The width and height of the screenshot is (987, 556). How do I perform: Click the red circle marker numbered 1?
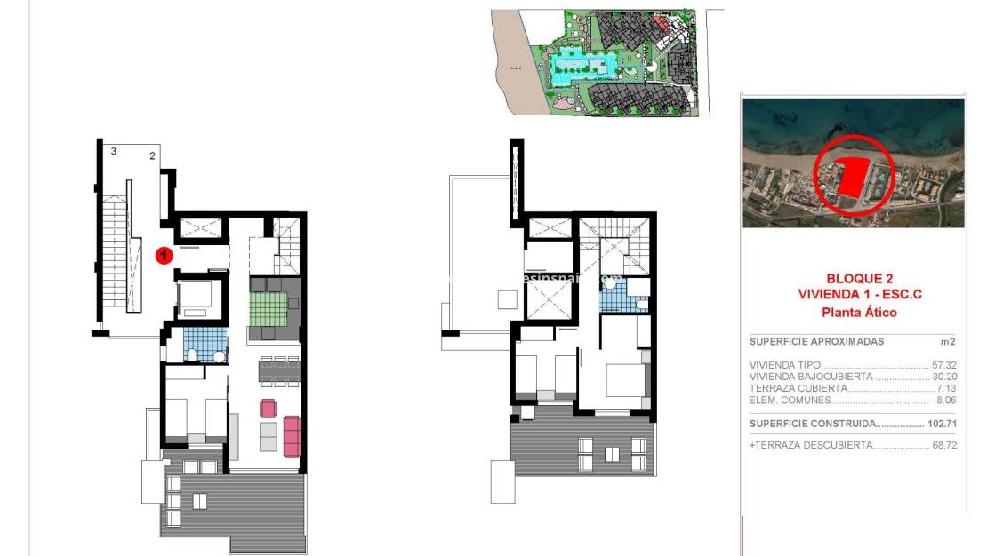[x=164, y=256]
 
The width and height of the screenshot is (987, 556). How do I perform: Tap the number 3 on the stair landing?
[x=113, y=152]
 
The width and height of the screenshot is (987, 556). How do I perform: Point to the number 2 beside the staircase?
[x=152, y=156]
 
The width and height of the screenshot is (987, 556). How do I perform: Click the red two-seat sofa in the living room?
[x=292, y=435]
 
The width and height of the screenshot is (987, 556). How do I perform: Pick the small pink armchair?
[x=269, y=409]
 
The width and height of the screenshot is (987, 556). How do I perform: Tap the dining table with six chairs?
[x=279, y=371]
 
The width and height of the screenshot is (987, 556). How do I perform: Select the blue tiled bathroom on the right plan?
[x=615, y=298]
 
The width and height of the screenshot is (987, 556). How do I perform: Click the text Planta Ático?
[x=858, y=312]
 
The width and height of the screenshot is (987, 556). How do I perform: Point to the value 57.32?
[x=944, y=365]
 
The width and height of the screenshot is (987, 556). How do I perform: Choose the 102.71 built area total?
[x=942, y=425]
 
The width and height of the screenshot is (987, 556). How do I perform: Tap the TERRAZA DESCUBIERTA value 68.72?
[x=944, y=445]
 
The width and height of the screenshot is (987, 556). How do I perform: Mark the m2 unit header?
[x=948, y=341]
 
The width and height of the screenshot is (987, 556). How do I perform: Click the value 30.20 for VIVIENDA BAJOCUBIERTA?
[x=944, y=377]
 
